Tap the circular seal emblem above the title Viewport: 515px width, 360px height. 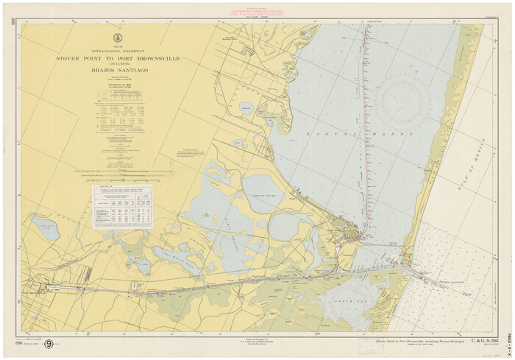[x=118, y=38]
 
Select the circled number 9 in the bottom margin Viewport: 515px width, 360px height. [x=49, y=343]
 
